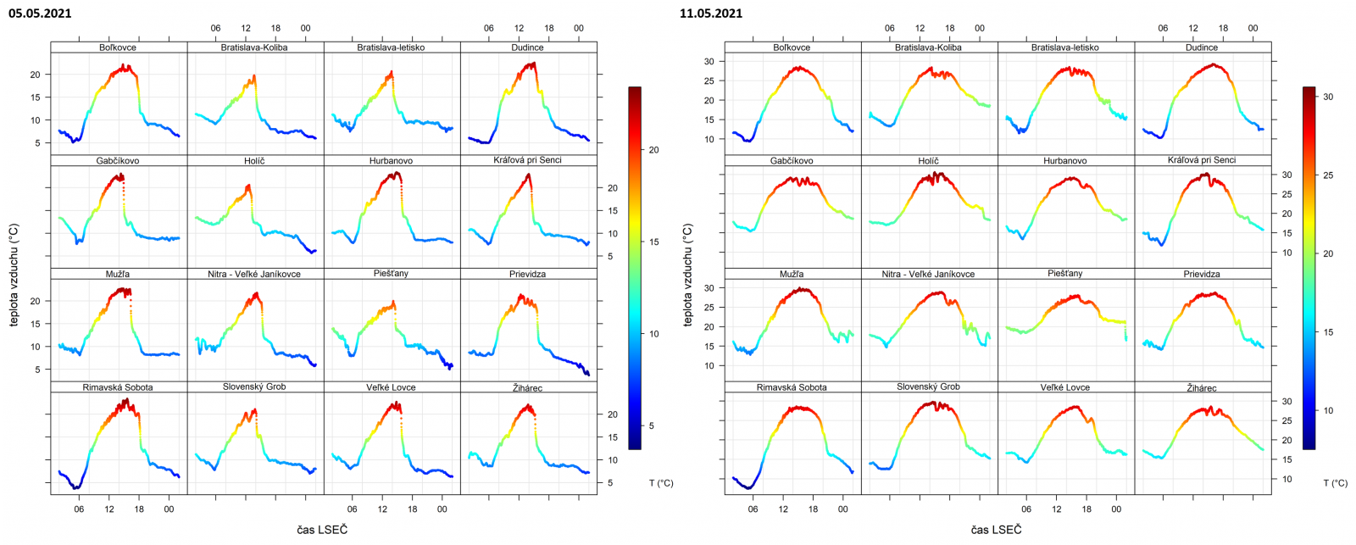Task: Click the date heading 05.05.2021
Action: pyautogui.click(x=40, y=13)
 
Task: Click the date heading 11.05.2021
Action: pyautogui.click(x=711, y=13)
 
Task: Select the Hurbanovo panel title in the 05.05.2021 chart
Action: pyautogui.click(x=391, y=160)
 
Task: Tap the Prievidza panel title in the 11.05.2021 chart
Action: pyautogui.click(x=1202, y=274)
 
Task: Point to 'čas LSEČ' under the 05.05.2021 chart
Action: pyautogui.click(x=322, y=530)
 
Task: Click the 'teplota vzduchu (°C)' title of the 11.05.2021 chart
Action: pyautogui.click(x=687, y=275)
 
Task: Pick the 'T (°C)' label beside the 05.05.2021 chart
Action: pyautogui.click(x=661, y=483)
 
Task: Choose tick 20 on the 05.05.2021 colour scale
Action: pyautogui.click(x=654, y=150)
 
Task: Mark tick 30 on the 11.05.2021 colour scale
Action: pyautogui.click(x=1328, y=97)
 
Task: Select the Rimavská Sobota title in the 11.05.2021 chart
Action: pyautogui.click(x=792, y=387)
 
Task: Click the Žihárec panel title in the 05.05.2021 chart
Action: pyautogui.click(x=527, y=387)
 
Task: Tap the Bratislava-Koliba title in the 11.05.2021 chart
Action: pyautogui.click(x=928, y=47)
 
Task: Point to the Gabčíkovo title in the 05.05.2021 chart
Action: pyautogui.click(x=118, y=160)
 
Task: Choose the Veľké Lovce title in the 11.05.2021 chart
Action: pyautogui.click(x=1065, y=387)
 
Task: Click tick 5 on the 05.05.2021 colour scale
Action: pyautogui.click(x=652, y=425)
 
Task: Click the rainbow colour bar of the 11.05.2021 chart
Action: pyautogui.click(x=1309, y=267)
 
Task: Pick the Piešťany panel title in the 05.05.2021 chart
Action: pyautogui.click(x=391, y=274)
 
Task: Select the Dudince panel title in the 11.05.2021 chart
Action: pyautogui.click(x=1202, y=47)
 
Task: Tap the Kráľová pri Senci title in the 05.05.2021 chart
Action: pyautogui.click(x=527, y=160)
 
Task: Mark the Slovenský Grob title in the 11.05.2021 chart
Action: pyautogui.click(x=928, y=387)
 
